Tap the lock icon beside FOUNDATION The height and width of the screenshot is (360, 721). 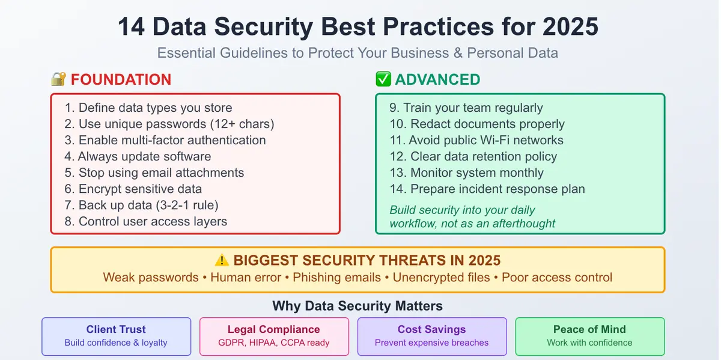tap(58, 79)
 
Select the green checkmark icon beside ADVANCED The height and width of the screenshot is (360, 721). tap(383, 79)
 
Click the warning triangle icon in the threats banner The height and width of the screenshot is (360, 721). tap(222, 261)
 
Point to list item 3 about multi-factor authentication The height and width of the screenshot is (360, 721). tap(165, 141)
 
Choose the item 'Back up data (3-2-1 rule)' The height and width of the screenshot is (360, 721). tap(141, 206)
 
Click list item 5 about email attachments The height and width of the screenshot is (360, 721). tap(154, 173)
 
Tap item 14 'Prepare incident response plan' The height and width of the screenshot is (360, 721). tap(487, 189)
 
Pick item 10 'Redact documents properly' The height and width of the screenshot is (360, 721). tap(477, 124)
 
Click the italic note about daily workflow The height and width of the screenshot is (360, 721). tap(472, 217)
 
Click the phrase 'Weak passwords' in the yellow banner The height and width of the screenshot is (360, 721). tap(151, 278)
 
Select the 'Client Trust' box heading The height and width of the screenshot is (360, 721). tap(116, 329)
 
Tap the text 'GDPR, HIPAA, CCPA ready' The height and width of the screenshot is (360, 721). tap(274, 343)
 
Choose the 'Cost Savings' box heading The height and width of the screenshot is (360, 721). tap(431, 329)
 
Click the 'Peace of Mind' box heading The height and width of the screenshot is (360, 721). tap(589, 329)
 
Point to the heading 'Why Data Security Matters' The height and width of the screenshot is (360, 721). tap(357, 306)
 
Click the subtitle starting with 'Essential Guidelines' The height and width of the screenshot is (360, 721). tap(357, 53)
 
